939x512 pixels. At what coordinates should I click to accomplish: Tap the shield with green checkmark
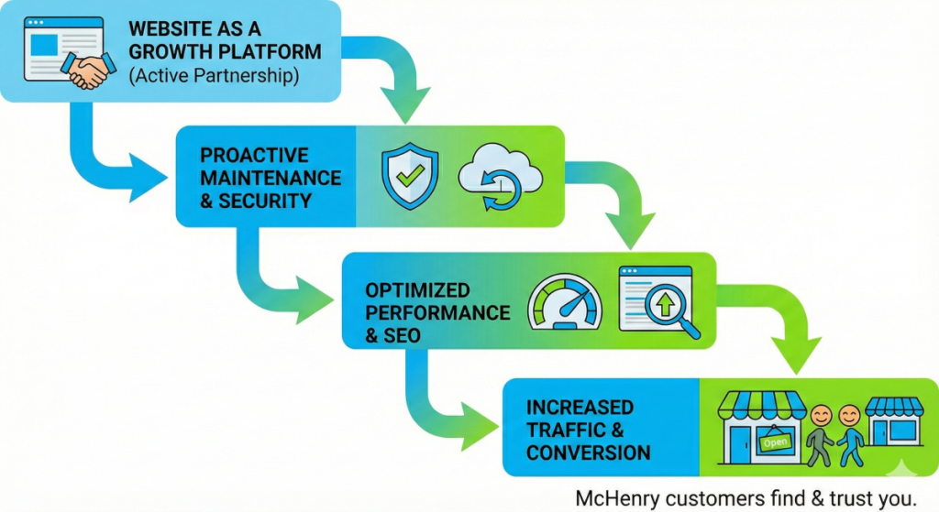[x=410, y=176]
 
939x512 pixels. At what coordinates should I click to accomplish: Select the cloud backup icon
[x=501, y=177]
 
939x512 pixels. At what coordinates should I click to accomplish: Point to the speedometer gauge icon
[x=565, y=302]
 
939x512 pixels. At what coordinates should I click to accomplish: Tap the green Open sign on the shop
[x=775, y=442]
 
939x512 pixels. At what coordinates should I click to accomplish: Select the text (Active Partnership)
[x=214, y=76]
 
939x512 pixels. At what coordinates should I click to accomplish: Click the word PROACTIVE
[x=254, y=156]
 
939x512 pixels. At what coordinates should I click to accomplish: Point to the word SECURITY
[x=265, y=201]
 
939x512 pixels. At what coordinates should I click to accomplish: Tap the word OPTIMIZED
[x=417, y=290]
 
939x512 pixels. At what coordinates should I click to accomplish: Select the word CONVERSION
[x=588, y=452]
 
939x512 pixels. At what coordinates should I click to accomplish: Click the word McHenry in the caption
[x=617, y=499]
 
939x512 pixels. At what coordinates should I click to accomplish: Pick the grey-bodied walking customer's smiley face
[x=821, y=415]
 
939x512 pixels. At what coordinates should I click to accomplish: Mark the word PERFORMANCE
[x=437, y=313]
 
